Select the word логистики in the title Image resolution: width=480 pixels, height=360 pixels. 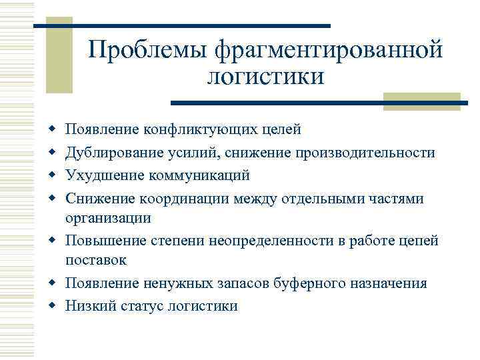click(265, 77)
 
